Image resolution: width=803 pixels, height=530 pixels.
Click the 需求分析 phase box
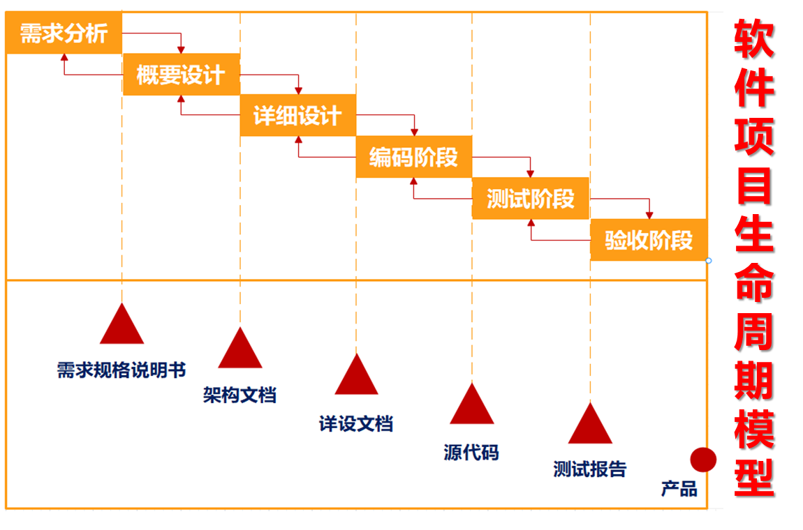[x=64, y=33]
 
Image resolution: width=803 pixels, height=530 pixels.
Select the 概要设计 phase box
[x=181, y=75]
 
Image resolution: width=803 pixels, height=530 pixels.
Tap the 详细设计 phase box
[x=297, y=116]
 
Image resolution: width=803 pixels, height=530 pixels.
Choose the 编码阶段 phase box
[x=413, y=158]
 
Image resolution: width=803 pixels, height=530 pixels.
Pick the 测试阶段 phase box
[x=530, y=199]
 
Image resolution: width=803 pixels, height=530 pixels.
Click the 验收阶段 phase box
[x=649, y=241]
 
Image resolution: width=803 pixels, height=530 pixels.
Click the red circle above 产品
[x=703, y=460]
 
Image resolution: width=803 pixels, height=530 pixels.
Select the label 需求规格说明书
[x=121, y=370]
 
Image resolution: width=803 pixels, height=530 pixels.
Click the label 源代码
[x=471, y=453]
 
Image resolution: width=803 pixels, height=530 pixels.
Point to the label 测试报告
[x=590, y=469]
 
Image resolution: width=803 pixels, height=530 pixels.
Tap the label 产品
[x=679, y=489]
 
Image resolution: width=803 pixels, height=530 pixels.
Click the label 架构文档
[x=240, y=395]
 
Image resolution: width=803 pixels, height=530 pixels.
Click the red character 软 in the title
[x=753, y=38]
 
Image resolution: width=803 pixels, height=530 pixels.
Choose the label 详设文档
[x=356, y=423]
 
